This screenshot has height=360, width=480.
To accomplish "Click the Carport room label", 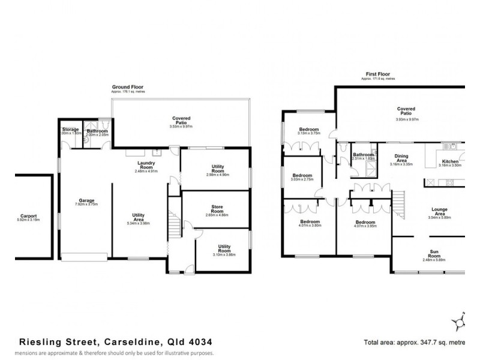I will (28, 215).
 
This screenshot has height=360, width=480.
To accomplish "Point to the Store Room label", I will (214, 208).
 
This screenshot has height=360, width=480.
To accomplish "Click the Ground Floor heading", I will (127, 87).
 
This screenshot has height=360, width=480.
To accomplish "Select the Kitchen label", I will (450, 161).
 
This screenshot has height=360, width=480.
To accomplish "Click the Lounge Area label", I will (439, 211).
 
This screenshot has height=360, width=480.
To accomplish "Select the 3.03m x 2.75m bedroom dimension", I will (302, 180).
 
